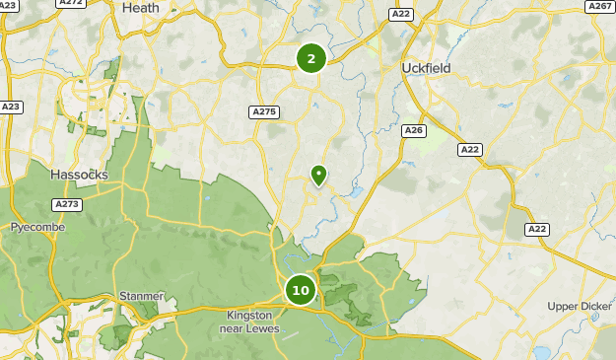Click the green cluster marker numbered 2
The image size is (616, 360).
(311, 58)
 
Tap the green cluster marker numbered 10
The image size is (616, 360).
(301, 291)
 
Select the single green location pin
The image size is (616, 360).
(318, 175)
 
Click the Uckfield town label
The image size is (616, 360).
(426, 67)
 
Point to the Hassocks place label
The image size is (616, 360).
(79, 174)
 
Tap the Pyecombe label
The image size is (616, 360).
(37, 227)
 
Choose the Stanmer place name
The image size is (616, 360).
(142, 295)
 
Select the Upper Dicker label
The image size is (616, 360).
(581, 306)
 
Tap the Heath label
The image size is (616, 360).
(140, 8)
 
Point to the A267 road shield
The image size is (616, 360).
(600, 6)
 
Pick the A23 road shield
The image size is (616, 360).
(11, 107)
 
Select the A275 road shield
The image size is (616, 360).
(263, 111)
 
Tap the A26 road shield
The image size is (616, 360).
(414, 130)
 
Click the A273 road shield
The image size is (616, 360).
(68, 204)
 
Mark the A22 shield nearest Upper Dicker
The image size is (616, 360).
(536, 229)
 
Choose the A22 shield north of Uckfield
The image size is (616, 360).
(400, 14)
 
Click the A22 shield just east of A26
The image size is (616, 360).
(469, 149)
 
